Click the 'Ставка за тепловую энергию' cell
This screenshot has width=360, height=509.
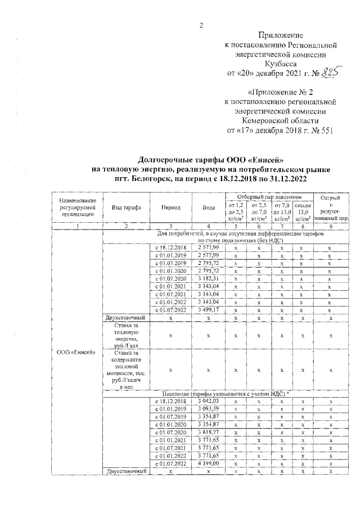126,336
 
